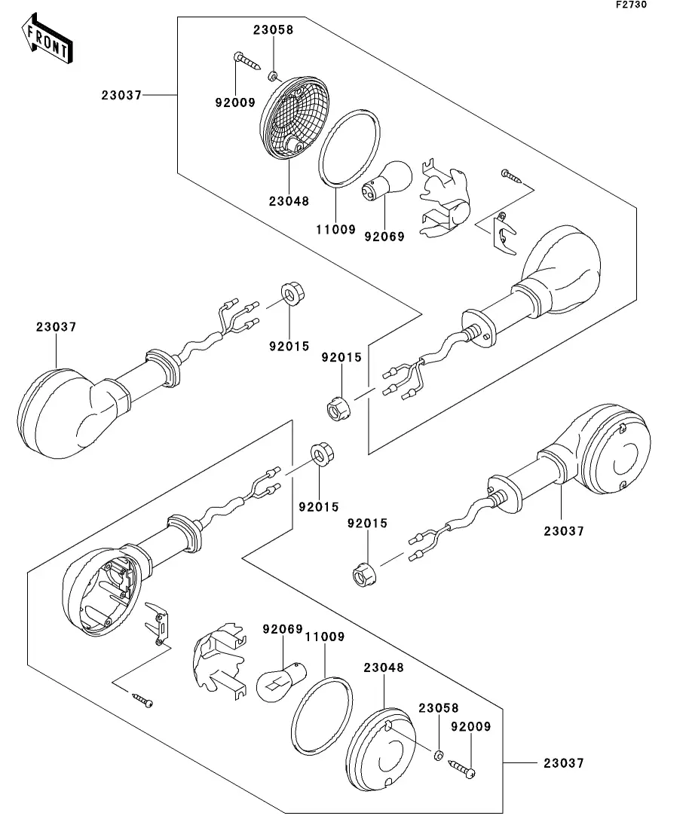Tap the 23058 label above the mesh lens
[273, 31]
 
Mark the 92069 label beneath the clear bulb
[383, 237]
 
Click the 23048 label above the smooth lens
[384, 668]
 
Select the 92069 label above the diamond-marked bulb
[282, 628]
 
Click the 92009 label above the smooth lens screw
[471, 727]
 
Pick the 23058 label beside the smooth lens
[439, 709]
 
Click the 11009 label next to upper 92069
[335, 230]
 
